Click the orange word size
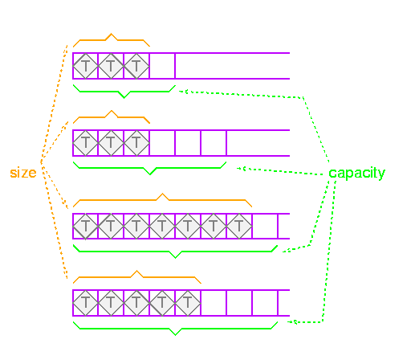pos(23,173)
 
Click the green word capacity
pos(356,174)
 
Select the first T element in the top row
pos(85,66)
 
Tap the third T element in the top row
pos(136,66)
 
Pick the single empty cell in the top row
pos(162,66)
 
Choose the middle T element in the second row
pos(111,143)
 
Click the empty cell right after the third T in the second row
pos(162,143)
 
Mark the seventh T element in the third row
pos(239,226)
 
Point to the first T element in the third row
pos(85,226)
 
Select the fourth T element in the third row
pos(162,226)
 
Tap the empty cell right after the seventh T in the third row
pos(265,226)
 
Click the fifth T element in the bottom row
pos(188,303)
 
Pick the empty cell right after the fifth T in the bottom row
pos(214,303)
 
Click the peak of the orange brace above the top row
pos(112,34)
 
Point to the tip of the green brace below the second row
pos(150,174)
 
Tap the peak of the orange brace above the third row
pos(162,194)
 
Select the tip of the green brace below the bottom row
pos(175,335)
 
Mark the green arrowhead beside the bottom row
pos(291,321)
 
